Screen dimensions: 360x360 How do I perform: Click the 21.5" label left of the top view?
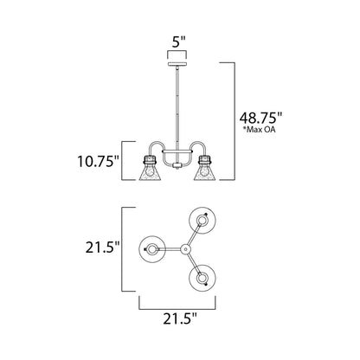pyautogui.click(x=94, y=247)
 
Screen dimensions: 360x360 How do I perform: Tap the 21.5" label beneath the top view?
pyautogui.click(x=179, y=319)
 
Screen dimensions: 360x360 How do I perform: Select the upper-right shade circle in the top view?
pyautogui.click(x=202, y=221)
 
